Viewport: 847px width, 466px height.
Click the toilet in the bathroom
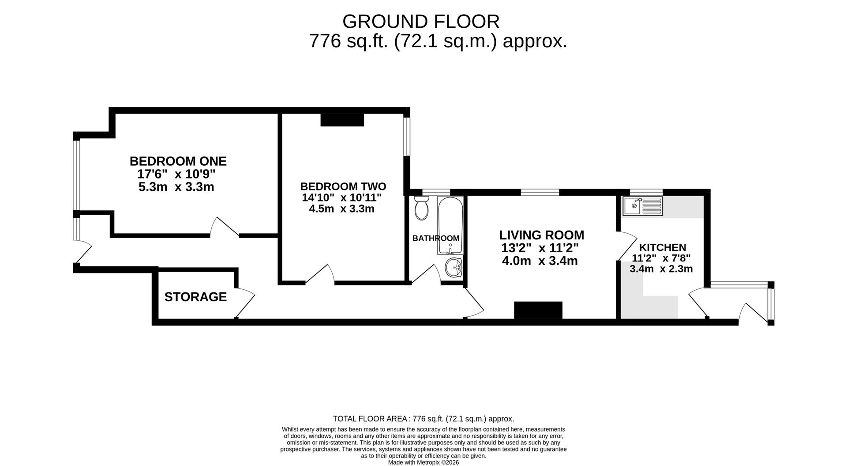tap(421, 209)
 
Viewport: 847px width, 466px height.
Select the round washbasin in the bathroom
tap(453, 268)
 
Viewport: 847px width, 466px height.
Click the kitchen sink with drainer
tap(643, 206)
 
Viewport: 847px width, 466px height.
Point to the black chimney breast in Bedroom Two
tap(342, 120)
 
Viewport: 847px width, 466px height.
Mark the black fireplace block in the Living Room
tap(538, 310)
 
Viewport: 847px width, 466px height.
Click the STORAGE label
tap(195, 297)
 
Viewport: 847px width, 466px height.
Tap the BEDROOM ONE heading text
tap(178, 161)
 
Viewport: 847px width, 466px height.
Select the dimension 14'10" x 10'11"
tap(341, 197)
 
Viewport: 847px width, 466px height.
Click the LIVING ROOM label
tap(541, 235)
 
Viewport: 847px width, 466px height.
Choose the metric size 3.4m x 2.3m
tap(661, 269)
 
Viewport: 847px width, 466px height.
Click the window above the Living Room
tap(540, 192)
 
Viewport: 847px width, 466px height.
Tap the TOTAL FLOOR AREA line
tap(423, 419)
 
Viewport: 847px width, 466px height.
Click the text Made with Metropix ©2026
tap(423, 462)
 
